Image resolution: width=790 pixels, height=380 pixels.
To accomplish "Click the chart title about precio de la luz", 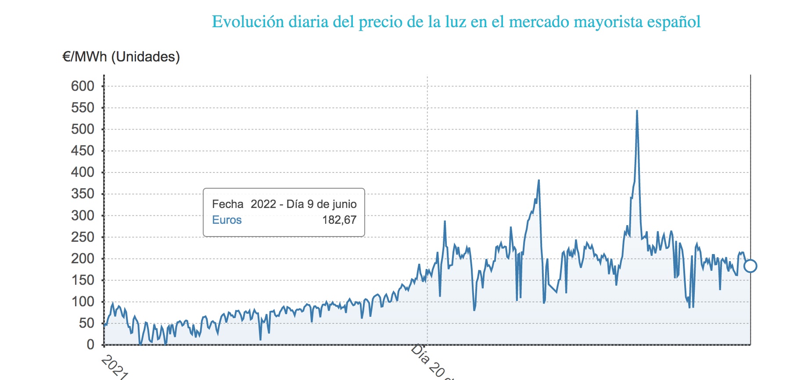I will pyautogui.click(x=456, y=22).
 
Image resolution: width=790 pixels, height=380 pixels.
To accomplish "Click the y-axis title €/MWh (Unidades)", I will pyautogui.click(x=121, y=57).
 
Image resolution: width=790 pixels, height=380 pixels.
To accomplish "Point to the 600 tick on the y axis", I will pyautogui.click(x=83, y=86).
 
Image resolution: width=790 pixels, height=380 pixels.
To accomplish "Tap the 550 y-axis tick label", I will pyautogui.click(x=83, y=108).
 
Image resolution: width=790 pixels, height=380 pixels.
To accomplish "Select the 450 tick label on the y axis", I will pyautogui.click(x=83, y=151).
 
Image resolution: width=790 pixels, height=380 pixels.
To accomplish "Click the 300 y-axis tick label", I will pyautogui.click(x=83, y=215).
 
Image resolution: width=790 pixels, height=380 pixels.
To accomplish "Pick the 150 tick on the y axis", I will pyautogui.click(x=83, y=280).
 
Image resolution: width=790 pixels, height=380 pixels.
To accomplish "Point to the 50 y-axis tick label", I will pyautogui.click(x=86, y=323).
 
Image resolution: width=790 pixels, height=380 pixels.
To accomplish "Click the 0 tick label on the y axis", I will pyautogui.click(x=90, y=344).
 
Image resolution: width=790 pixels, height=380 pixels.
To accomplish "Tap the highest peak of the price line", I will pyautogui.click(x=637, y=111).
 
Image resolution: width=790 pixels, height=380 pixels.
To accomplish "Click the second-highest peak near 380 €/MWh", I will pyautogui.click(x=539, y=180).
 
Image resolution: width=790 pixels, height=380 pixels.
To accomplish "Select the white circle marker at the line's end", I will pyautogui.click(x=750, y=266).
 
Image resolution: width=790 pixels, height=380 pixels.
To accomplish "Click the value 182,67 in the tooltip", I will pyautogui.click(x=339, y=220).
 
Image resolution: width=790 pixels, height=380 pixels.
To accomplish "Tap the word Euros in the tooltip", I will pyautogui.click(x=227, y=220).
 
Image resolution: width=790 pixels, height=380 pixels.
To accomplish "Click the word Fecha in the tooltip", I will pyautogui.click(x=227, y=204).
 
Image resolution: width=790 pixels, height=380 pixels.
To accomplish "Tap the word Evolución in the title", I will pyautogui.click(x=248, y=22).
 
